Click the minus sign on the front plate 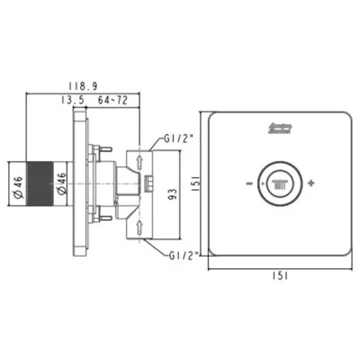(x=246, y=184)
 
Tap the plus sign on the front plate (x=311, y=184)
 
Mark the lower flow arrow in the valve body (x=141, y=224)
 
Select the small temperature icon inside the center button (x=278, y=184)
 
